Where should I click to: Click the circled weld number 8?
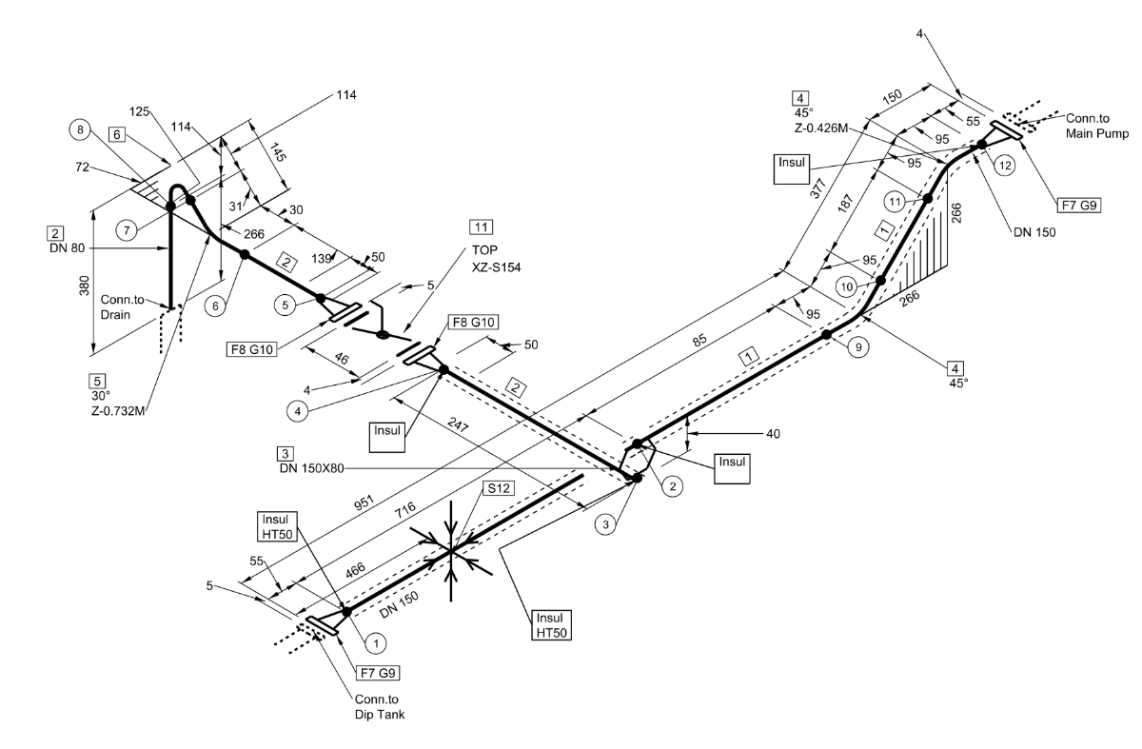click(x=80, y=130)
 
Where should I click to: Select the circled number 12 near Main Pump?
click(x=1005, y=166)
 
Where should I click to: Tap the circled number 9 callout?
click(x=858, y=347)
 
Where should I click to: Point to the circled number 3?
click(x=605, y=524)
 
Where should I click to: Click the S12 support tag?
click(x=499, y=488)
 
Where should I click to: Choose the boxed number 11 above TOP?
click(x=482, y=227)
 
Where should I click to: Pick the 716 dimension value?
click(x=404, y=509)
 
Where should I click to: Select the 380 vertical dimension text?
click(x=84, y=286)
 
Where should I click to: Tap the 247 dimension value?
click(x=458, y=424)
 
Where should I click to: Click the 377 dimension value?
click(x=817, y=188)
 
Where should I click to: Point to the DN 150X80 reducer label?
click(x=311, y=468)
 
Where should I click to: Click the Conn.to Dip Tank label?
click(x=380, y=707)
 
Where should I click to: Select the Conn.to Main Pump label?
click(x=1097, y=126)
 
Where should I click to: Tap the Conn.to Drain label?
click(x=122, y=307)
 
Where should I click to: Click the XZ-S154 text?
click(x=496, y=267)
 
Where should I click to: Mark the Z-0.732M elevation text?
click(x=118, y=411)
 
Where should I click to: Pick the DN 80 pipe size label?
click(x=68, y=248)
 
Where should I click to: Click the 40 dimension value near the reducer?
click(x=773, y=434)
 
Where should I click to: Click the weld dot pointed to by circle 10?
click(x=880, y=281)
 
